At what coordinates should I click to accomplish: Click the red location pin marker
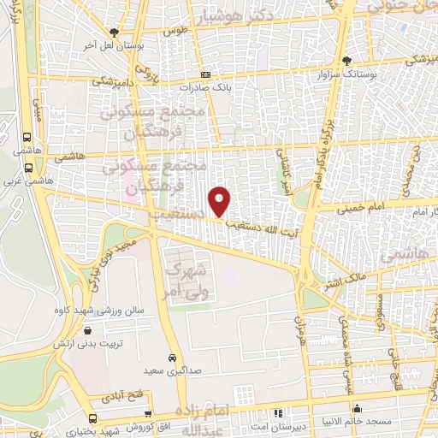pyautogui.click(x=220, y=201)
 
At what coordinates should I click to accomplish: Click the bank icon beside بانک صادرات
pyautogui.click(x=181, y=86)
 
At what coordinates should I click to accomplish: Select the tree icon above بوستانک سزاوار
pyautogui.click(x=346, y=61)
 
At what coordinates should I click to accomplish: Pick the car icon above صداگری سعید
pyautogui.click(x=174, y=358)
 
